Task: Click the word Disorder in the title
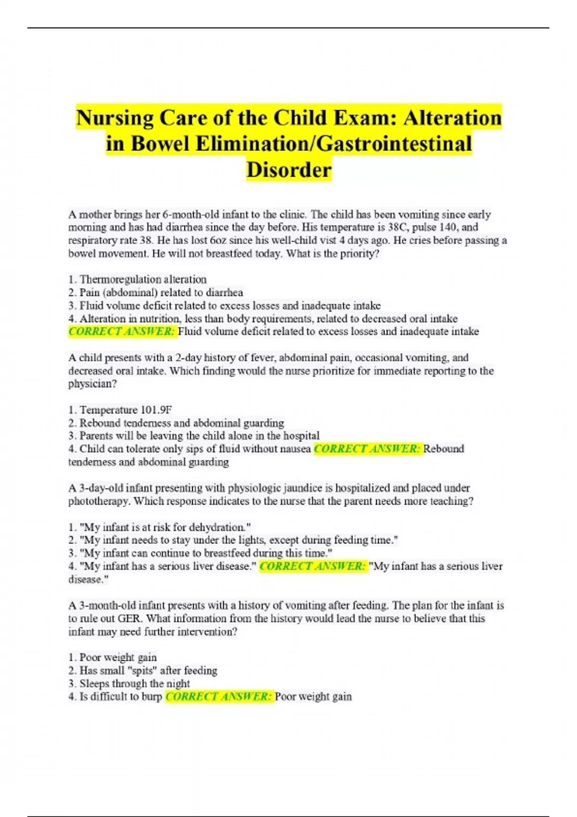coord(288,170)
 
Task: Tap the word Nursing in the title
coord(114,118)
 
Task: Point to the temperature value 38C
coord(397,227)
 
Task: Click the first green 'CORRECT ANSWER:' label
coord(122,332)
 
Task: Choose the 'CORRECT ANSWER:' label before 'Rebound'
coord(367,449)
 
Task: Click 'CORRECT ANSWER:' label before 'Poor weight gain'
coord(219,696)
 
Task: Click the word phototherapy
coord(99,501)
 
